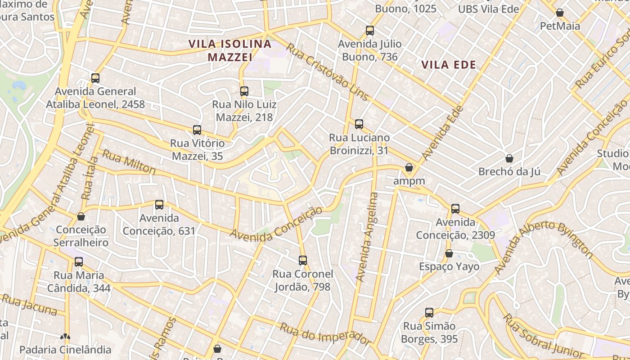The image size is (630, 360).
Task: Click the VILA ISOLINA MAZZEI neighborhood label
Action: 230,50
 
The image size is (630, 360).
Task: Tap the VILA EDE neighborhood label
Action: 449,65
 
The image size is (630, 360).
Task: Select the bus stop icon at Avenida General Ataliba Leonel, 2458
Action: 95,78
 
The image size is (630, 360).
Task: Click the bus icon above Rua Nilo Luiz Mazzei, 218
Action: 244,91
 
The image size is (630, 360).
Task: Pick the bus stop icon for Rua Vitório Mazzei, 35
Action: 197,130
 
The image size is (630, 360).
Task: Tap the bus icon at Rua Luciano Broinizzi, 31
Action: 359,124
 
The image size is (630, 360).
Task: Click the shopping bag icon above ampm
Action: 409,168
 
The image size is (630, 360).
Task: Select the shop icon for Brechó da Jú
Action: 509,158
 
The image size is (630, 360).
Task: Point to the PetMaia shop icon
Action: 560,13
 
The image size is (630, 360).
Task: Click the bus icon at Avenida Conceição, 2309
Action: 455,209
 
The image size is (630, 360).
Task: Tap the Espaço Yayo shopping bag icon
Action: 449,253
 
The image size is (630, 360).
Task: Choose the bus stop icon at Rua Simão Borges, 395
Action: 429,313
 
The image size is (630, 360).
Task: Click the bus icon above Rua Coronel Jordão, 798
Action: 303,261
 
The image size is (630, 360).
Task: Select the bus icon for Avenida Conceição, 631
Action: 159,205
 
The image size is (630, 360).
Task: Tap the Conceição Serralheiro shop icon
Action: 81,216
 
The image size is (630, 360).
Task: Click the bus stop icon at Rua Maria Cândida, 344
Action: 79,262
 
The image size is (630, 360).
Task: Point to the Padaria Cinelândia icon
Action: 65,337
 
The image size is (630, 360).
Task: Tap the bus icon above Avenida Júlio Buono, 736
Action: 370,31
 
